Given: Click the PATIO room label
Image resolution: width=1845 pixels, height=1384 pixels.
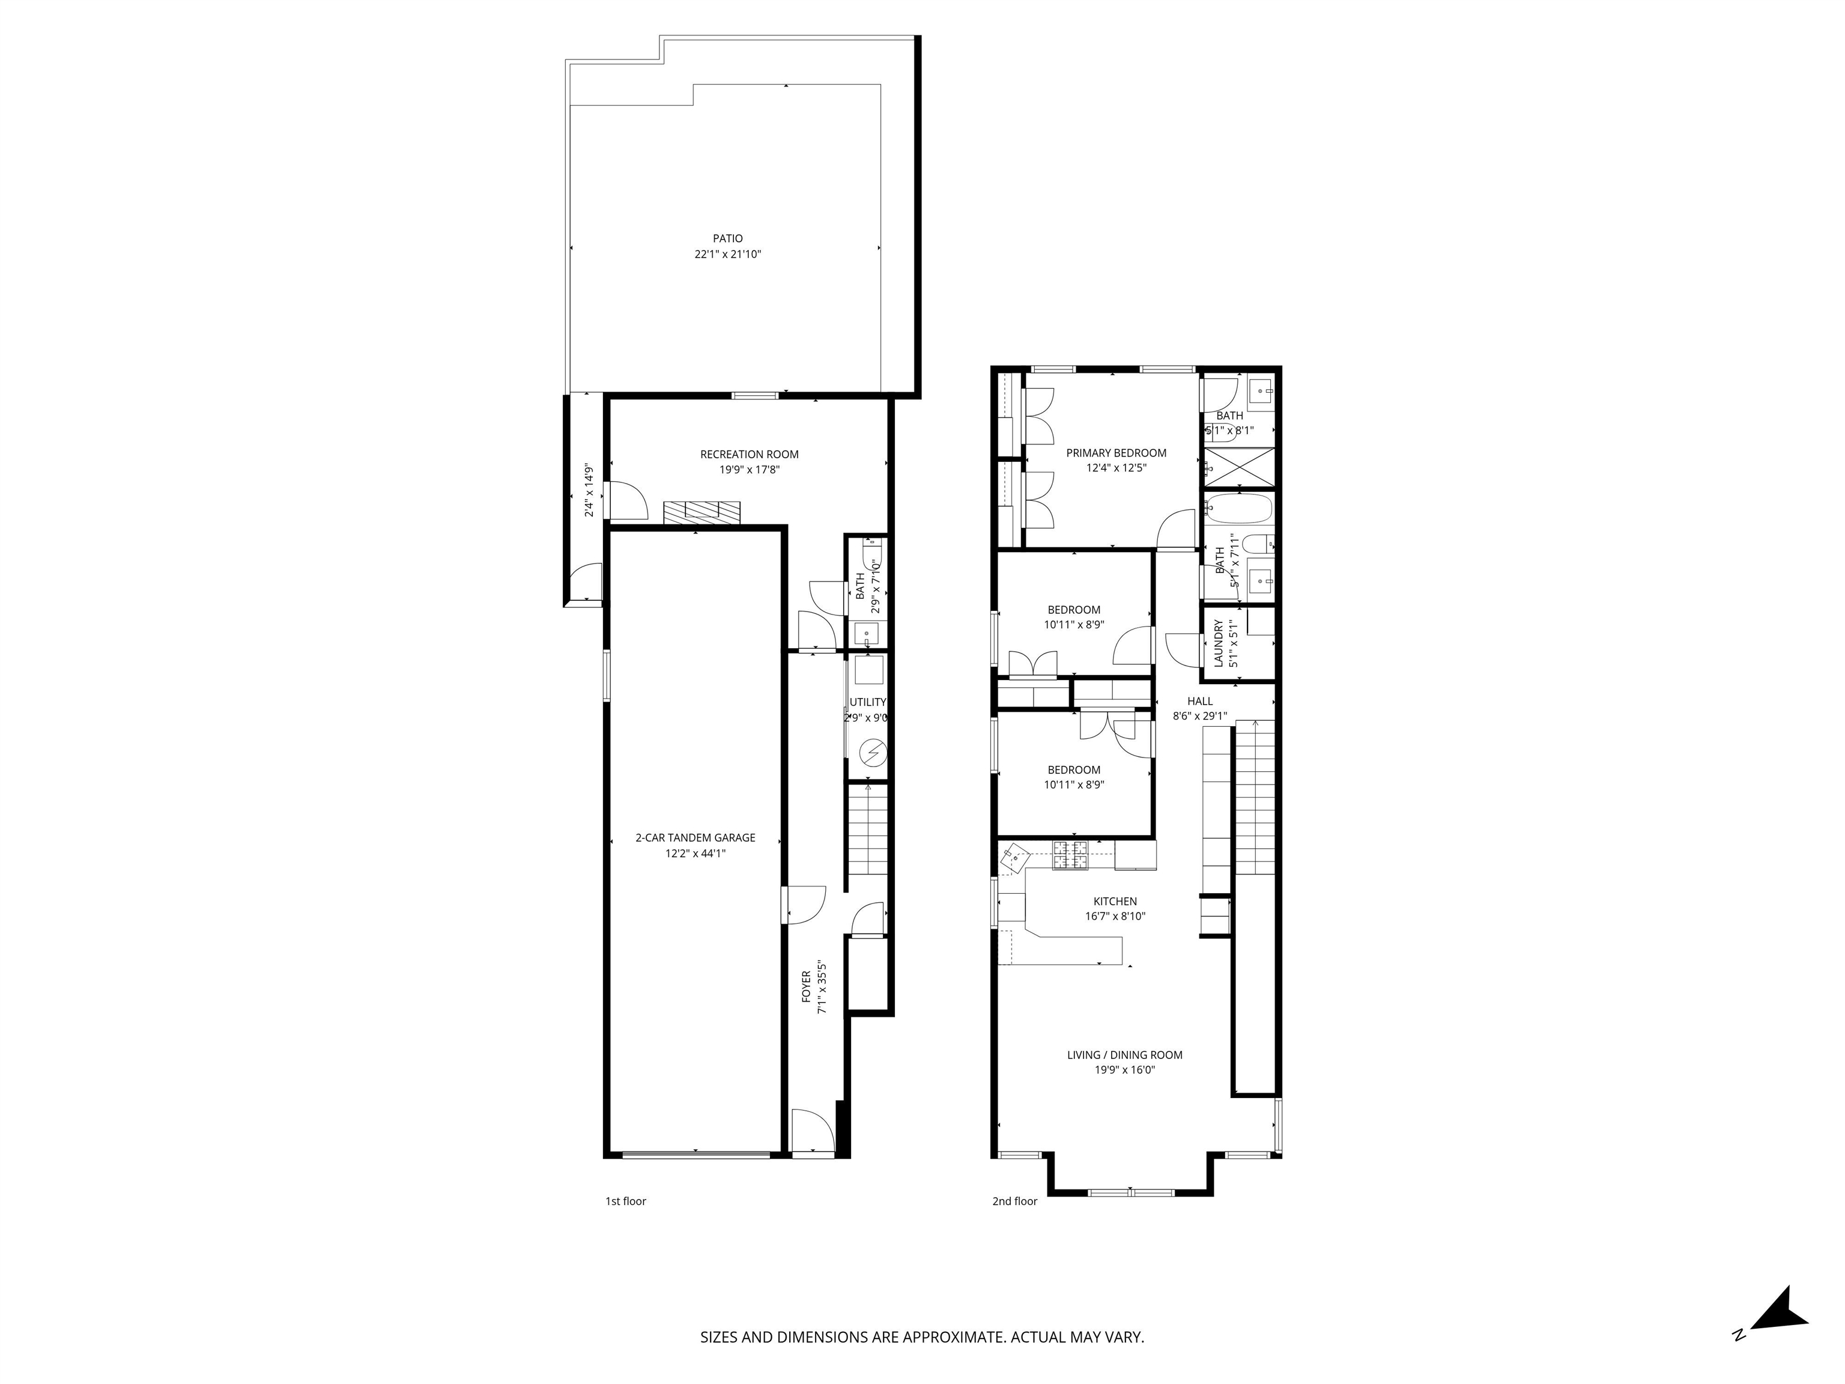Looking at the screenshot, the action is [727, 238].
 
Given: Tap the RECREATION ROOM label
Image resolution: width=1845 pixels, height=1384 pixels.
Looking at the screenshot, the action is [749, 455].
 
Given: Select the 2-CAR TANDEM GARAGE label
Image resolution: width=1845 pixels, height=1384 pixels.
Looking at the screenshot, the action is [695, 837].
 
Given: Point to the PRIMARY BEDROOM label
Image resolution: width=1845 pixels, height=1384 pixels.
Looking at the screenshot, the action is [1116, 453].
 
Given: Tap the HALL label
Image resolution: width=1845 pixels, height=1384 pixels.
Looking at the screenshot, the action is [1199, 701].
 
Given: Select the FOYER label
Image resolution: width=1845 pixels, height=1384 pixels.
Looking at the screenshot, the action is [807, 986].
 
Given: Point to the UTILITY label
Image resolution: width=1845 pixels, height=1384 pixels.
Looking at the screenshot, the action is [867, 702].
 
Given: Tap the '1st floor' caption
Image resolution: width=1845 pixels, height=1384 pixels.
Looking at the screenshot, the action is [626, 1201].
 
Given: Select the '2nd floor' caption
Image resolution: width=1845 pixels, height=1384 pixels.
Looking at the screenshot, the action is [1014, 1201].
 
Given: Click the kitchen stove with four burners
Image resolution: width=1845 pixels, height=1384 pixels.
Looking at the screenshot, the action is [1071, 856].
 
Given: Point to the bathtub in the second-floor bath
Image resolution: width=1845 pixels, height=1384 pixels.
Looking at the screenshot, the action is [1238, 508].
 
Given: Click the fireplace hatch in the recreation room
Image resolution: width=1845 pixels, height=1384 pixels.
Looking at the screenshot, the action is [702, 513].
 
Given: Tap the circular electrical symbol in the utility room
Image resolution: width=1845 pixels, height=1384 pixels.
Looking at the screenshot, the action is [873, 753].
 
